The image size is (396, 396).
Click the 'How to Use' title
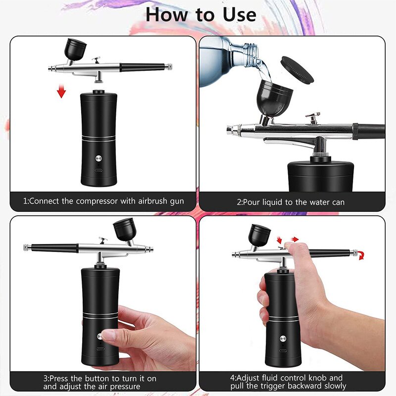pyautogui.click(x=200, y=15)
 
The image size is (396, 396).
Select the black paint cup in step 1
pyautogui.click(x=75, y=49)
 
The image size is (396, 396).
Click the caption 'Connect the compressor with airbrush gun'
pyautogui.click(x=103, y=201)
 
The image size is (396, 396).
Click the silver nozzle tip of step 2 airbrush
pyautogui.click(x=231, y=131)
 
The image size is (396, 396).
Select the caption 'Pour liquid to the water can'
pyautogui.click(x=291, y=202)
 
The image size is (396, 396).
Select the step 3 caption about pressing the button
pyautogui.click(x=99, y=382)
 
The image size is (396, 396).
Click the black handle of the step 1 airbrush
pyautogui.click(x=143, y=66)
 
